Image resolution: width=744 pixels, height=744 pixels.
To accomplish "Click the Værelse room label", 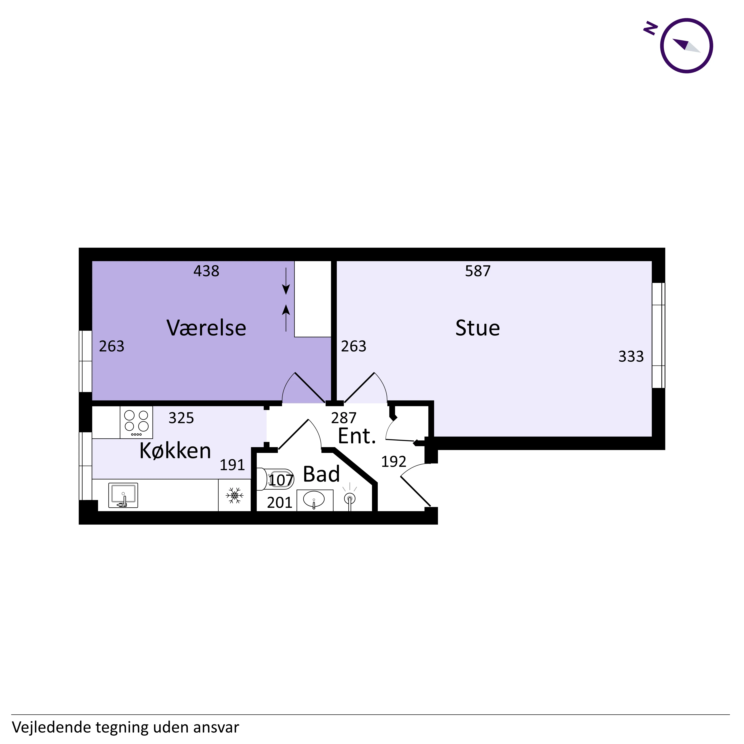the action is click(206, 328).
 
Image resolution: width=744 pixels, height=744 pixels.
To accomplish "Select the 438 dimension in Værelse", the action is click(206, 271).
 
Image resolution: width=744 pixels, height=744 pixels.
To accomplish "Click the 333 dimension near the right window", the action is click(631, 357).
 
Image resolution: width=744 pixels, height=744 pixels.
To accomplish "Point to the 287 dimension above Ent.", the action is click(344, 418).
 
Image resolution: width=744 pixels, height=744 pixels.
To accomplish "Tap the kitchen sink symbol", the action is click(123, 495).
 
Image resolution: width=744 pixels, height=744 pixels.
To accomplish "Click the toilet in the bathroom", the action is click(275, 479).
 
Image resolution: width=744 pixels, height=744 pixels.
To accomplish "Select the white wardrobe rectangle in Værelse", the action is click(313, 299).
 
